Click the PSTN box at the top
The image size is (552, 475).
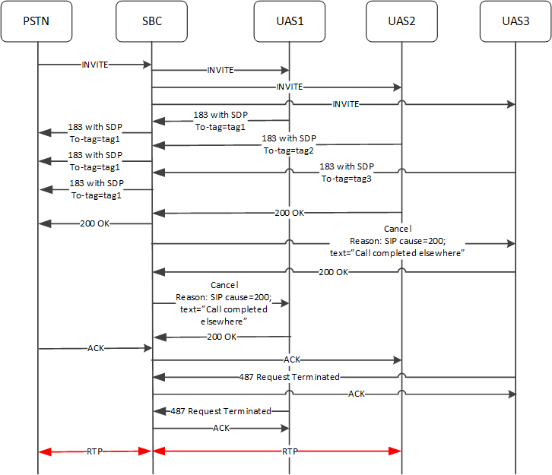37,21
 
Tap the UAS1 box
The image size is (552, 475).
289,21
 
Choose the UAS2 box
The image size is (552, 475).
401,21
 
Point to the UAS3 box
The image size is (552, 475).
515,21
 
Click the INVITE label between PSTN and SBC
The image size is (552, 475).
95,65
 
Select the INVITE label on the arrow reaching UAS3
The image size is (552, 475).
345,104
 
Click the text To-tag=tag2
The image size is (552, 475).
289,150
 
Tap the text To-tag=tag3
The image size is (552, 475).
346,178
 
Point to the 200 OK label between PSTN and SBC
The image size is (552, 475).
95,223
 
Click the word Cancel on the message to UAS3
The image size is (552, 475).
399,229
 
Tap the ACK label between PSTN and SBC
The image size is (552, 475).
95,348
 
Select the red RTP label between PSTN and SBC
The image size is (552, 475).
95,451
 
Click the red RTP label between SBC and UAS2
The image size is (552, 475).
290,451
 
